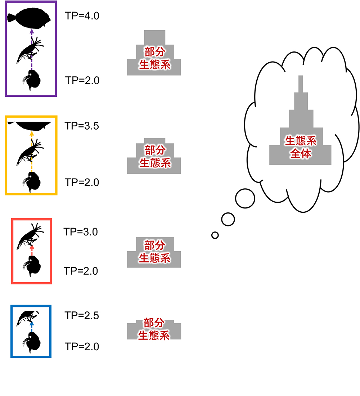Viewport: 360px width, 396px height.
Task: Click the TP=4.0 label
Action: (82, 16)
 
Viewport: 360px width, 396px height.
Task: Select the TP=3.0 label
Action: (81, 231)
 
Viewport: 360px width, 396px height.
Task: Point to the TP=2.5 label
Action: (82, 316)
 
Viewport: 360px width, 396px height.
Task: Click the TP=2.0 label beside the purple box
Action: (82, 80)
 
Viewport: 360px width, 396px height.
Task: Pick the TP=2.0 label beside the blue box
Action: (82, 347)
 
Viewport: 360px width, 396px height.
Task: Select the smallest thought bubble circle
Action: (215, 235)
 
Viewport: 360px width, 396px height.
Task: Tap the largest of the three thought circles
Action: (245, 198)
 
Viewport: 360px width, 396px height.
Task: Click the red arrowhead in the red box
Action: (32, 248)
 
